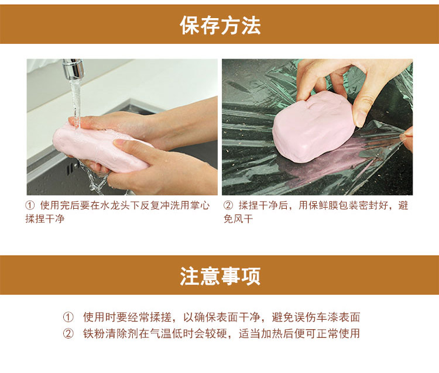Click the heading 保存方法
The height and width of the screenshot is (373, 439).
click(x=220, y=26)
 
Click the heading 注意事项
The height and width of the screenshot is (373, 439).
click(x=220, y=276)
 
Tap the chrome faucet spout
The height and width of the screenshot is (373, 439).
click(x=73, y=69)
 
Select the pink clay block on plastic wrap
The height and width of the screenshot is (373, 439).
click(x=314, y=126)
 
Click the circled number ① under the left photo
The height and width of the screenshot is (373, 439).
click(x=30, y=206)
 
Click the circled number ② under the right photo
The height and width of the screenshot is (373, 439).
click(x=228, y=206)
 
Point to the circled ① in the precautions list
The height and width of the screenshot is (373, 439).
click(x=68, y=317)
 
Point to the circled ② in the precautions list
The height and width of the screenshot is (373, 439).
click(x=68, y=334)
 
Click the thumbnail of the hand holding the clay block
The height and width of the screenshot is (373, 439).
click(x=317, y=127)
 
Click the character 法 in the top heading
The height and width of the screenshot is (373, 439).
click(x=251, y=26)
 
